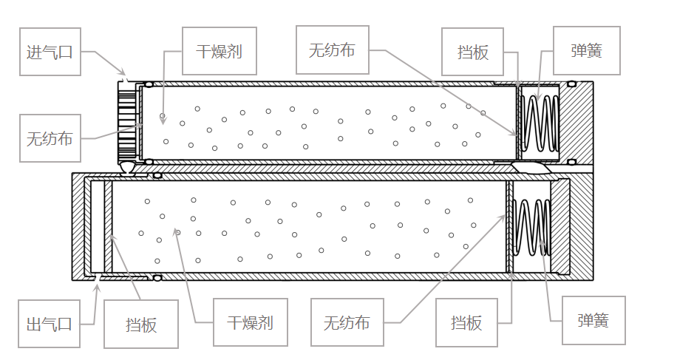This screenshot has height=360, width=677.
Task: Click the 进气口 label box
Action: [50, 52]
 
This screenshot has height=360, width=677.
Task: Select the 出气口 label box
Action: [50, 324]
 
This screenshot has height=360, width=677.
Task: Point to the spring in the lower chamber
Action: [531, 226]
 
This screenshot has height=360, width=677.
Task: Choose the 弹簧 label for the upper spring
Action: [586, 51]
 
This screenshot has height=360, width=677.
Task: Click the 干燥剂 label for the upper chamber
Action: [220, 51]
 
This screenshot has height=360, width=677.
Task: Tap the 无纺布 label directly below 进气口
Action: [50, 137]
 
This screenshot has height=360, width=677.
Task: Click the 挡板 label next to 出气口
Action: [141, 324]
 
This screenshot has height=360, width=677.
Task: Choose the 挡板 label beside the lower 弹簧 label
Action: [466, 322]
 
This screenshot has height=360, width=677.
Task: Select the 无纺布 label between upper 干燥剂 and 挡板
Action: [332, 50]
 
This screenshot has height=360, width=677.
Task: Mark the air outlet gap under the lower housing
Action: [97, 278]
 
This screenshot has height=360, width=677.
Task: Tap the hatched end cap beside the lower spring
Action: [570, 226]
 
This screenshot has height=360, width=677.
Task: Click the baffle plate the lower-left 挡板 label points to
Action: [108, 226]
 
